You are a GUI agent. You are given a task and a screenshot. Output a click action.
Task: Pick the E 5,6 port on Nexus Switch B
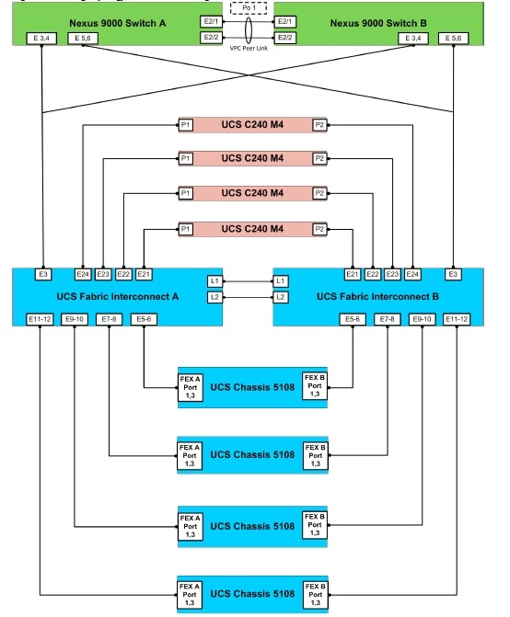(x=455, y=39)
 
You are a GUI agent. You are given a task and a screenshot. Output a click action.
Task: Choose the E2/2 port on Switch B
(x=284, y=37)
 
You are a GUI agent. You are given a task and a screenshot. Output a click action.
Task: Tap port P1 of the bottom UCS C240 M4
(x=186, y=229)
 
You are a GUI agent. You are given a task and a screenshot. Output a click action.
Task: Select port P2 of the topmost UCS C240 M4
(x=319, y=124)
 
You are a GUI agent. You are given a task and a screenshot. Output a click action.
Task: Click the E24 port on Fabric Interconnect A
(x=83, y=274)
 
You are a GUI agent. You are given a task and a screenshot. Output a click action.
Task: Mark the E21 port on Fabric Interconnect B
(x=352, y=274)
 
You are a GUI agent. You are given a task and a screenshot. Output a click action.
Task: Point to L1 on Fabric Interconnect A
(x=214, y=280)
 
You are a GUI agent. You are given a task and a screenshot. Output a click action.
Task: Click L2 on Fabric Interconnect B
(x=282, y=297)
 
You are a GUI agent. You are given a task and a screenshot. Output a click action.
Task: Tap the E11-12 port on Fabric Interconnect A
(x=41, y=319)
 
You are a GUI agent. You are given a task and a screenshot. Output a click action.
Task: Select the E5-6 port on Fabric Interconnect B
(x=353, y=319)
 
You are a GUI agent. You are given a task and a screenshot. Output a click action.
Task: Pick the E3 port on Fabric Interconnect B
(x=453, y=274)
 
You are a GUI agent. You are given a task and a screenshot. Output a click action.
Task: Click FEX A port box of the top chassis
(x=189, y=386)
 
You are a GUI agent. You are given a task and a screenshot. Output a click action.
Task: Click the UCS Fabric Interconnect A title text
(x=111, y=297)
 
